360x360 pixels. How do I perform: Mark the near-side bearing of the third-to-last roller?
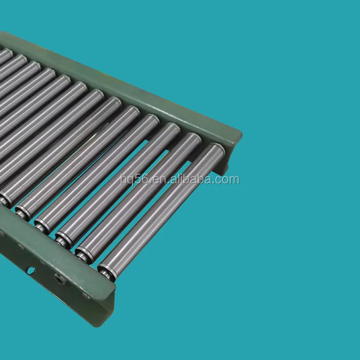pyautogui.click(x=63, y=240)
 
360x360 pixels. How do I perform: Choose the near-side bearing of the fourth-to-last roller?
pyautogui.click(x=42, y=225)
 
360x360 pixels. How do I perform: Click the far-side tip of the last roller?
pyautogui.click(x=218, y=149)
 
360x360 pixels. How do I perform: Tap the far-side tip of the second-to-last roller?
pyautogui.click(x=195, y=137)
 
